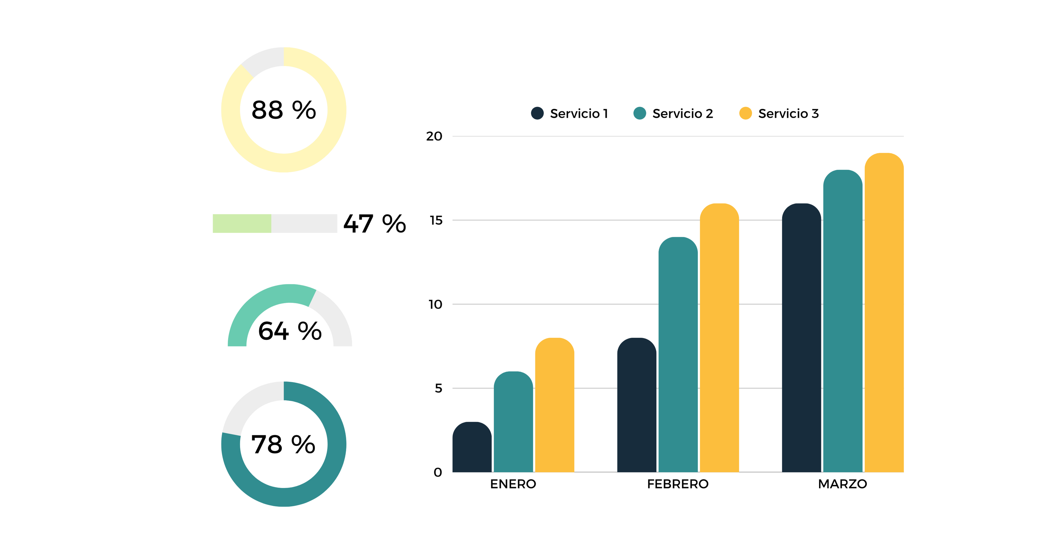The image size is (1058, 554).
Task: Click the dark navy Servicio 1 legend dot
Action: click(537, 113)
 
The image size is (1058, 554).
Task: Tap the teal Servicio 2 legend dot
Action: click(640, 113)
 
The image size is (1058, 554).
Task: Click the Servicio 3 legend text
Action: click(788, 114)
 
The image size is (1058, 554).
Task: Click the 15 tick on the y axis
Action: click(436, 220)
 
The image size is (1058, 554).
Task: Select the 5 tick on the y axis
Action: click(438, 388)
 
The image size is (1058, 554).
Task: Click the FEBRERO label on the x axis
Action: click(678, 484)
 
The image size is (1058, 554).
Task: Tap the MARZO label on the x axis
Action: click(842, 484)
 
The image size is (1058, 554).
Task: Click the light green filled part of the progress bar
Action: click(242, 224)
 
